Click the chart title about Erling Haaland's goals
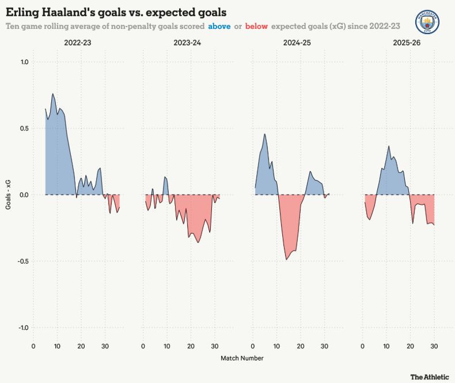(116, 12)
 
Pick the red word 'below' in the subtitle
(256, 27)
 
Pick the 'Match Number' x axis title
(242, 358)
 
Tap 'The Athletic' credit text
(429, 377)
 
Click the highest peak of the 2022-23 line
(53, 94)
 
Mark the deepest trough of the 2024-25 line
(286, 260)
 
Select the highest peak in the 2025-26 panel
(389, 146)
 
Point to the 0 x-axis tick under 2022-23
(33, 346)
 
